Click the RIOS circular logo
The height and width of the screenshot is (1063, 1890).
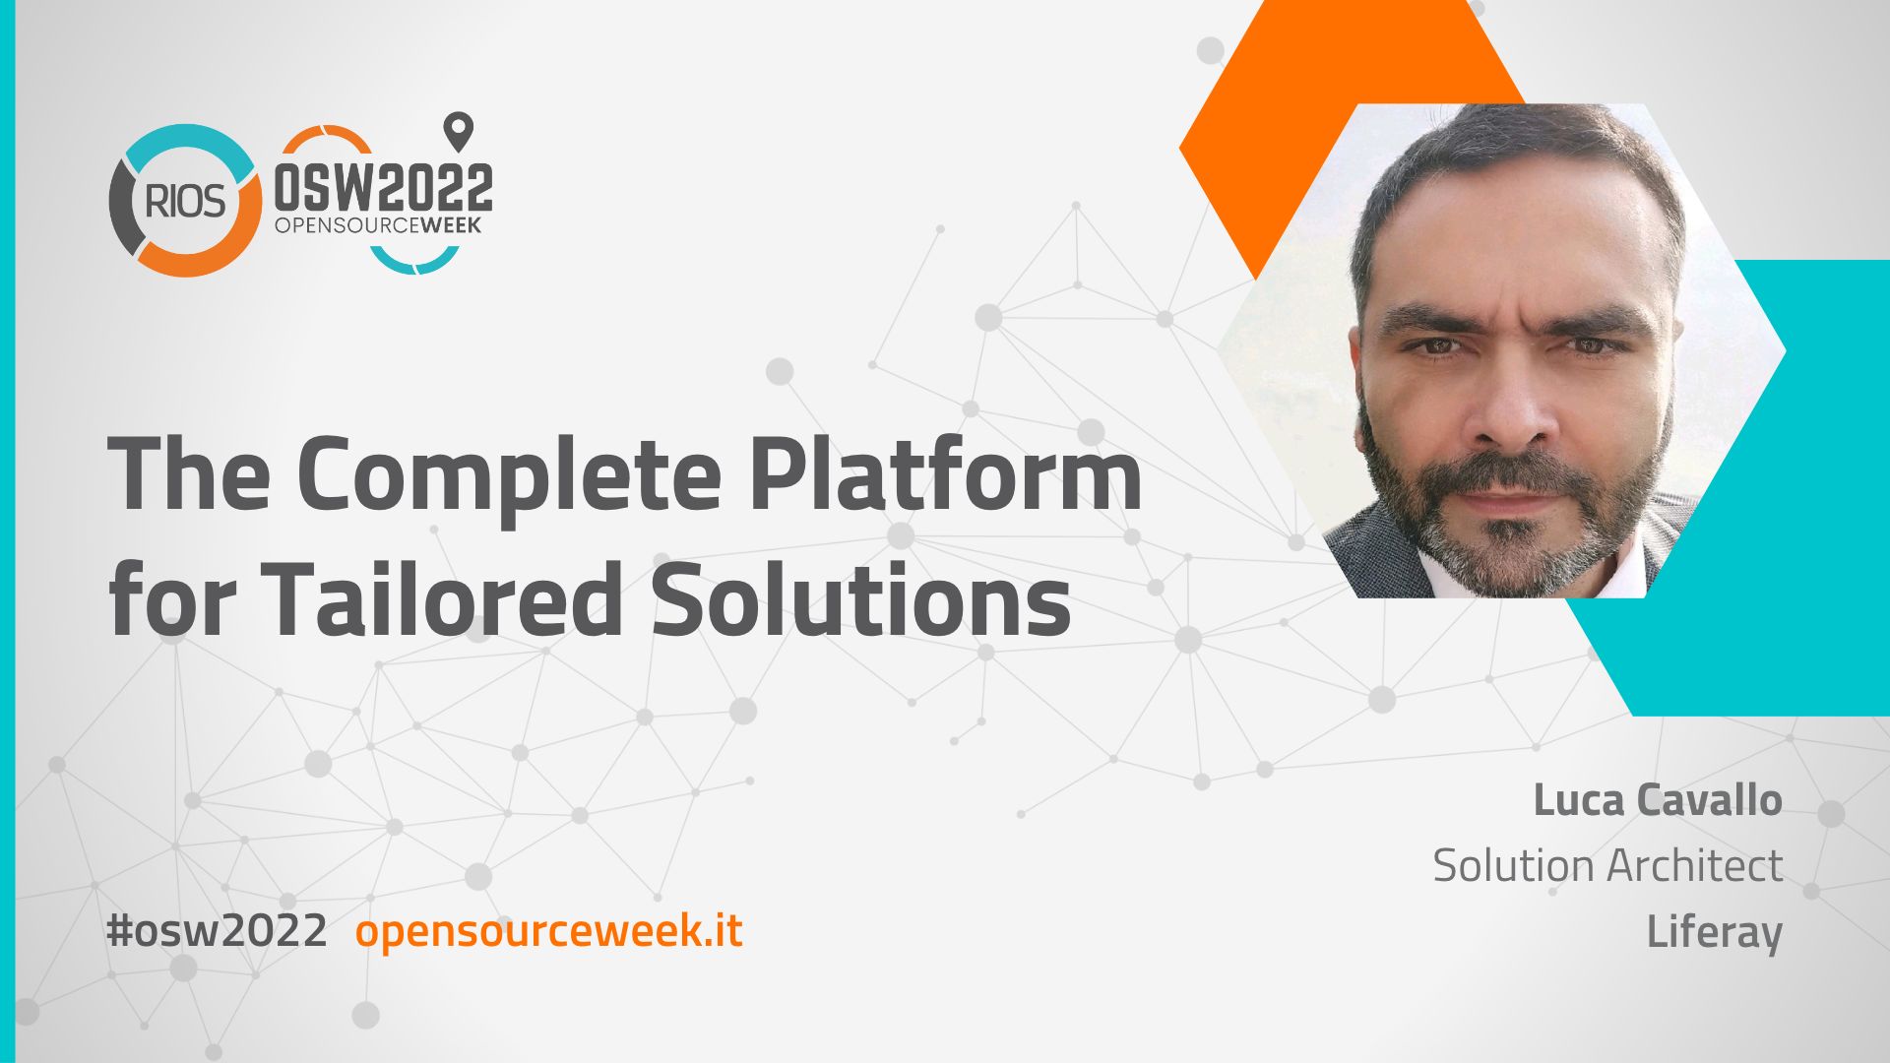[184, 201]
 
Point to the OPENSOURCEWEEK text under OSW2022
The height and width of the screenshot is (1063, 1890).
[378, 225]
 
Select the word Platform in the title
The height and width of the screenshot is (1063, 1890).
[946, 471]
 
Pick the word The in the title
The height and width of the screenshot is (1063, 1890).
[188, 471]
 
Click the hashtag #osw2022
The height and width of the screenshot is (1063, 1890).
[217, 930]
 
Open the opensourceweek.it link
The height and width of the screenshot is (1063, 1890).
[548, 931]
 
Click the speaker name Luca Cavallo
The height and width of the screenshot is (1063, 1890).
[1658, 800]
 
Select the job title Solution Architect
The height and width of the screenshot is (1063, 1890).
[1607, 866]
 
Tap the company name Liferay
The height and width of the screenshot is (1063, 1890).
[1714, 932]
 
